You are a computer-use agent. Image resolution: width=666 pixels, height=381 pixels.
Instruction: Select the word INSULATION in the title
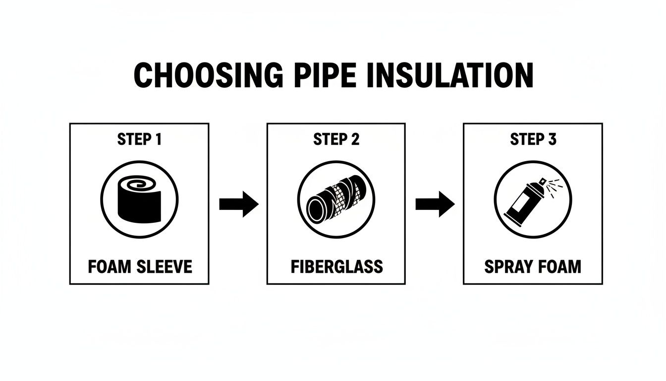click(449, 76)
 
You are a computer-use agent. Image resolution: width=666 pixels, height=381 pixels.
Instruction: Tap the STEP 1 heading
click(139, 140)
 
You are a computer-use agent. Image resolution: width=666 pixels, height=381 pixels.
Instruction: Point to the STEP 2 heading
click(336, 140)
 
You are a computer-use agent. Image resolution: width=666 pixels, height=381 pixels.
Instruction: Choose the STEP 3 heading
click(533, 140)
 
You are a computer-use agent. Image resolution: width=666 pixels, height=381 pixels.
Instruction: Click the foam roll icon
click(139, 203)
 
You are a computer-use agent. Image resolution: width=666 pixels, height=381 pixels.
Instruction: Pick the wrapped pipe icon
click(336, 203)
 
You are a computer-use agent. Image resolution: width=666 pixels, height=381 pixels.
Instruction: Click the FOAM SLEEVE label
click(139, 267)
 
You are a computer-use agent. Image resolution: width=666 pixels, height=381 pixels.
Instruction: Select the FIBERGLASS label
click(336, 267)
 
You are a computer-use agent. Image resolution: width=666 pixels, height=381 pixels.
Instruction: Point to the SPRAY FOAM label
click(533, 267)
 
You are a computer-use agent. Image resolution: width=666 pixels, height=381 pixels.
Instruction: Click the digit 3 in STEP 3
click(552, 140)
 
